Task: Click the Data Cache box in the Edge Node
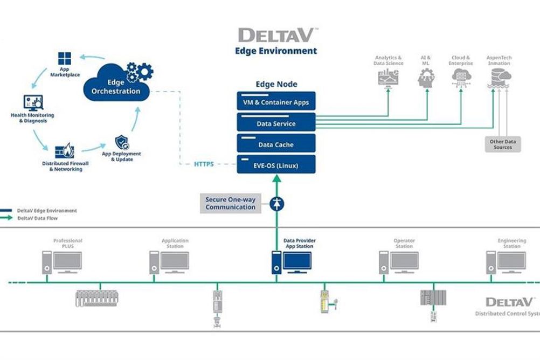(276, 143)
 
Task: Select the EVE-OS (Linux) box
(276, 164)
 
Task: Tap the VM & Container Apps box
(276, 101)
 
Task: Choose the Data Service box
(276, 122)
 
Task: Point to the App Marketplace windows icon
(64, 59)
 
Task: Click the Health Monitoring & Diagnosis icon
(33, 102)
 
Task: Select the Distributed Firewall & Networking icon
(65, 151)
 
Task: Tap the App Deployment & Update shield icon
(122, 142)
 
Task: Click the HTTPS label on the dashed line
(204, 164)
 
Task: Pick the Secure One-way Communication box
(231, 203)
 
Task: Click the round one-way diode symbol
(276, 204)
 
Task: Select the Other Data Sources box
(503, 144)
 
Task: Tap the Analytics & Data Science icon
(389, 78)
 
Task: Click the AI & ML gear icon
(426, 78)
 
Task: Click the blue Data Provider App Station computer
(292, 262)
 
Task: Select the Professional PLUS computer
(62, 262)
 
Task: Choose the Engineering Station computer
(506, 262)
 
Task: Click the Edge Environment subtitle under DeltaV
(276, 51)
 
